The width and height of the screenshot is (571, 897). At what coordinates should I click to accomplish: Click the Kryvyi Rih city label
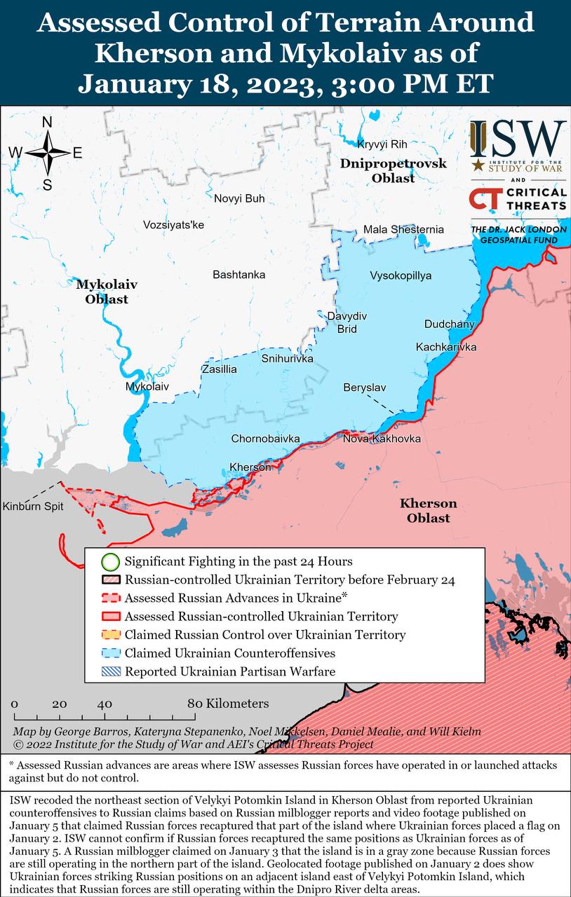point(382,144)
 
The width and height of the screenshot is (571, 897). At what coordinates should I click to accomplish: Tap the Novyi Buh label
point(239,198)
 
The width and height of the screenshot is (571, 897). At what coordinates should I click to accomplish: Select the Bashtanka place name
point(239,275)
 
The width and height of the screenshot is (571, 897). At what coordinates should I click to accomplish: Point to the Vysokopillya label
point(401,275)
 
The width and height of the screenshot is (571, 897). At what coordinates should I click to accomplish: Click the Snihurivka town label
point(287,359)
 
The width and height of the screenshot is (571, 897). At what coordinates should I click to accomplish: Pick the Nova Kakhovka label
point(382,439)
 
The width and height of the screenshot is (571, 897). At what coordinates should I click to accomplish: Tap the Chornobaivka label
point(265,439)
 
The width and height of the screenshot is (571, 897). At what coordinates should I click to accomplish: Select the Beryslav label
point(364,388)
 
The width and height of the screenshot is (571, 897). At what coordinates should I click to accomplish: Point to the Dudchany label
point(449,324)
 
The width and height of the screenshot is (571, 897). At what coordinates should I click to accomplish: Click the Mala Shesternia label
point(403,229)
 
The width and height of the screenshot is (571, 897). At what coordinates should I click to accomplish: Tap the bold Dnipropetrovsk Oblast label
point(393,170)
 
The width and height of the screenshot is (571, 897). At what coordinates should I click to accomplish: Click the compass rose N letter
point(47,122)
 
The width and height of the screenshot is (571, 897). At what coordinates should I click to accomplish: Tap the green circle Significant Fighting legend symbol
point(109,561)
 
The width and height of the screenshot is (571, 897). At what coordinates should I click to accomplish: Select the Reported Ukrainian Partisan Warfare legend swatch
point(109,671)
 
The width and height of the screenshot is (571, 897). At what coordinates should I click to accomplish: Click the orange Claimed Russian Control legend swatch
point(109,635)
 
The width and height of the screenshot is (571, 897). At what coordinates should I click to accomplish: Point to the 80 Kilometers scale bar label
point(227,703)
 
